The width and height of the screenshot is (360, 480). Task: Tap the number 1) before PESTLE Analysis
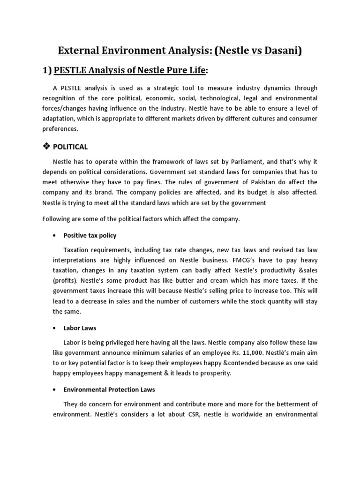coord(47,70)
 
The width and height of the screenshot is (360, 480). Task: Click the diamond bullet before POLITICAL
coord(46,147)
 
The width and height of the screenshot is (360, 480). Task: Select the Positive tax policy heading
coord(90,235)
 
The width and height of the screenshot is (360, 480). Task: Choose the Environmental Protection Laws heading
coord(109,390)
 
